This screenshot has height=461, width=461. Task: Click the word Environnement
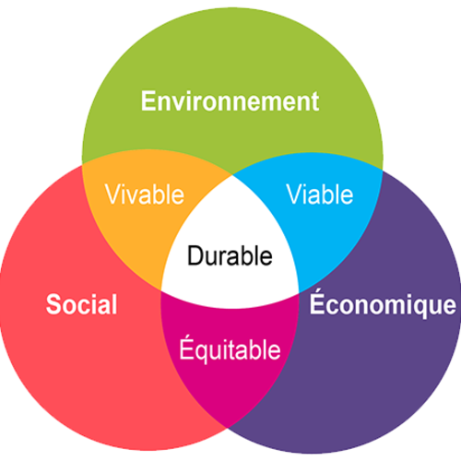pos(230,101)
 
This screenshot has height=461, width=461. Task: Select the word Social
pos(82,304)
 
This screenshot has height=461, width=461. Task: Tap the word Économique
pos(383,302)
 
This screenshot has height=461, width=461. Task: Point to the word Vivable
pos(145,195)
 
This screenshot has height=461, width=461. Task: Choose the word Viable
pos(320,195)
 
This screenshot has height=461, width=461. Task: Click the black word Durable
pos(230,255)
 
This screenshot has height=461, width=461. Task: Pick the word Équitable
pos(230,349)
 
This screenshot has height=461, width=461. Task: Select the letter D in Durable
pos(195,255)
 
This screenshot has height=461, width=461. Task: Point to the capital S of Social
pos(54,304)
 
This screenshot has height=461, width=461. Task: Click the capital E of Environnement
pos(148,101)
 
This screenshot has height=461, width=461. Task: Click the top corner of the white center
pos(231,175)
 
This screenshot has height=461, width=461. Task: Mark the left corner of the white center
pos(161,290)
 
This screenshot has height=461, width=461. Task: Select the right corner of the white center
pos(300,293)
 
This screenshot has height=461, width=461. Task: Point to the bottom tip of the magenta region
pos(228,428)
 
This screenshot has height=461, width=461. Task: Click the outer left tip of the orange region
pos(82,165)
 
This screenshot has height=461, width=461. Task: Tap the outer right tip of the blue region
pos(383,170)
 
